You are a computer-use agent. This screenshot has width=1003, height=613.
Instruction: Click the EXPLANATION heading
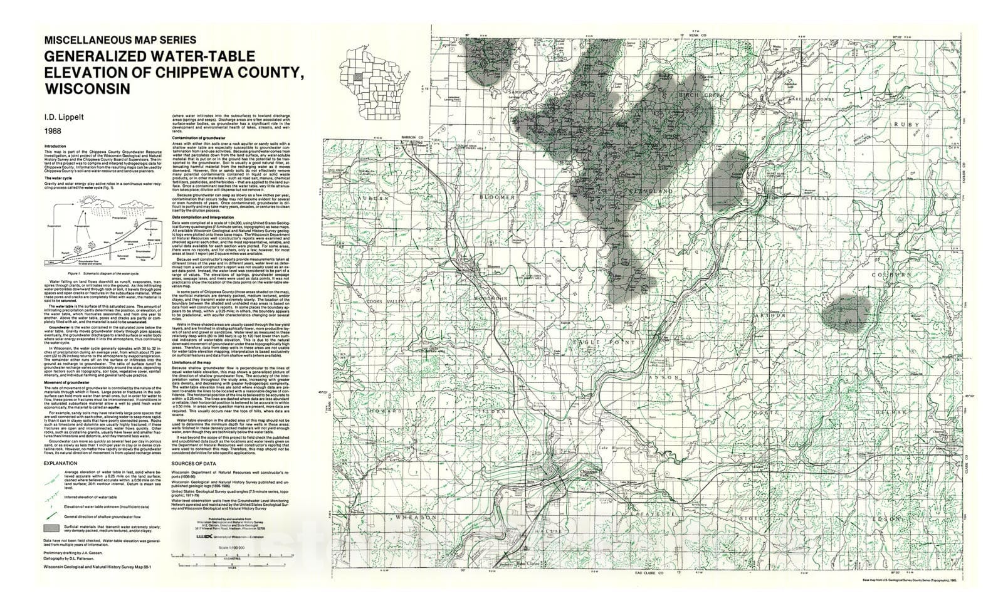61,463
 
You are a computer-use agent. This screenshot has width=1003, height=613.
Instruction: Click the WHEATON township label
415,518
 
